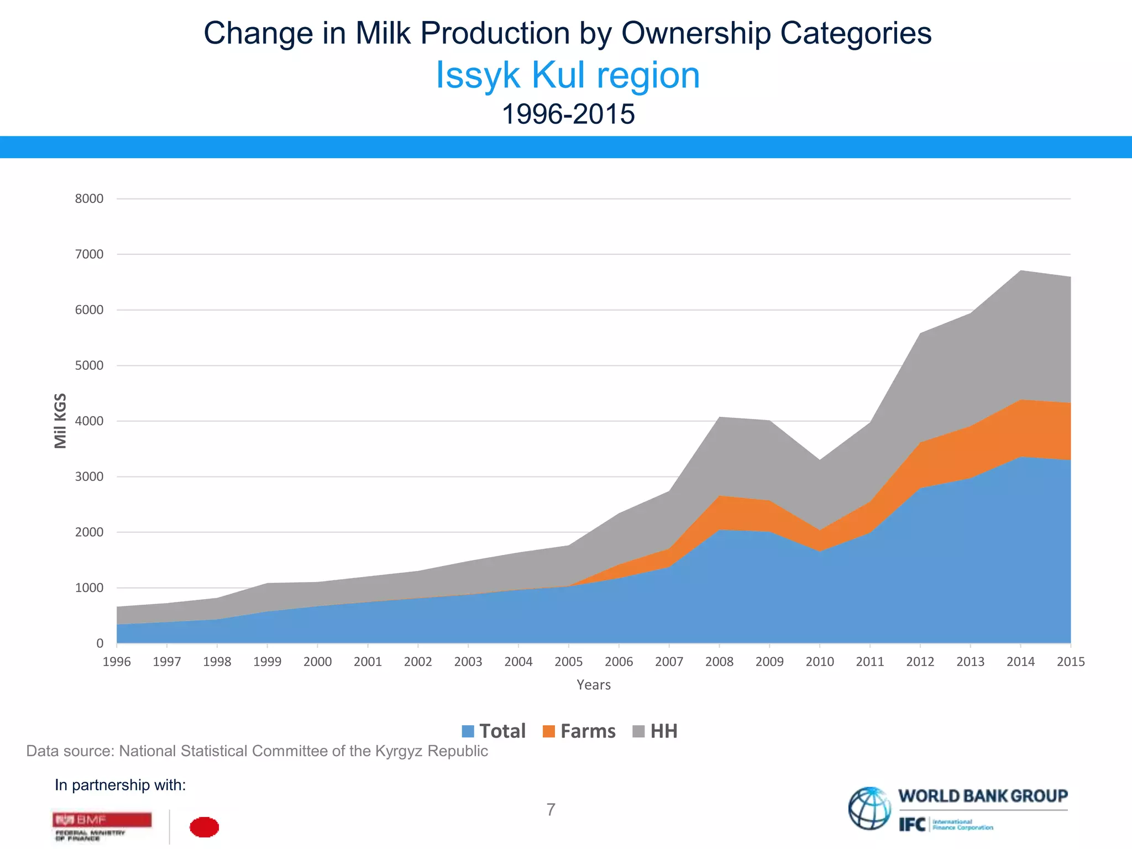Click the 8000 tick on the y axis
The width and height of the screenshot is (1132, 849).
pos(89,199)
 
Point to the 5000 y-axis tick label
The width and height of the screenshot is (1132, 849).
pos(89,366)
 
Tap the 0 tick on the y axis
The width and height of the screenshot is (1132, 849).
pos(99,643)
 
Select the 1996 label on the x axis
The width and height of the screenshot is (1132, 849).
pos(117,662)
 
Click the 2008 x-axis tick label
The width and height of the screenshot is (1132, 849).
pos(719,662)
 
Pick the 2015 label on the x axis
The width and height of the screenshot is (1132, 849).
pos(1071,662)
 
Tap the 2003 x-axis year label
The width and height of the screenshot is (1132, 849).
pos(468,662)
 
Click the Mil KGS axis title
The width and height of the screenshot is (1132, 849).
pos(60,421)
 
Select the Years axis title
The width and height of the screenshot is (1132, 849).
pos(594,685)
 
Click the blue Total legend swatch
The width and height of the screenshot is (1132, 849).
pos(468,731)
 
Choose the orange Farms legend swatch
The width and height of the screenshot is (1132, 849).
pos(548,731)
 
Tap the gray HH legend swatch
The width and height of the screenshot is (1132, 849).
pos(638,731)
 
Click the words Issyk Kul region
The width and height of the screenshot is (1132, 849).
pos(568,75)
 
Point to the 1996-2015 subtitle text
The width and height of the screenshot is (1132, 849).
pos(568,114)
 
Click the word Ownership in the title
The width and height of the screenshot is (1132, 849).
pos(696,33)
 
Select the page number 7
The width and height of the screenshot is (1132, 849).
pos(551,810)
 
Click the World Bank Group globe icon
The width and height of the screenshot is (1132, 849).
pos(869,808)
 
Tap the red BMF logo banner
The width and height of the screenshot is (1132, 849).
pos(102,819)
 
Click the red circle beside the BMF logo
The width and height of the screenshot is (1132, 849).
pos(204,827)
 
